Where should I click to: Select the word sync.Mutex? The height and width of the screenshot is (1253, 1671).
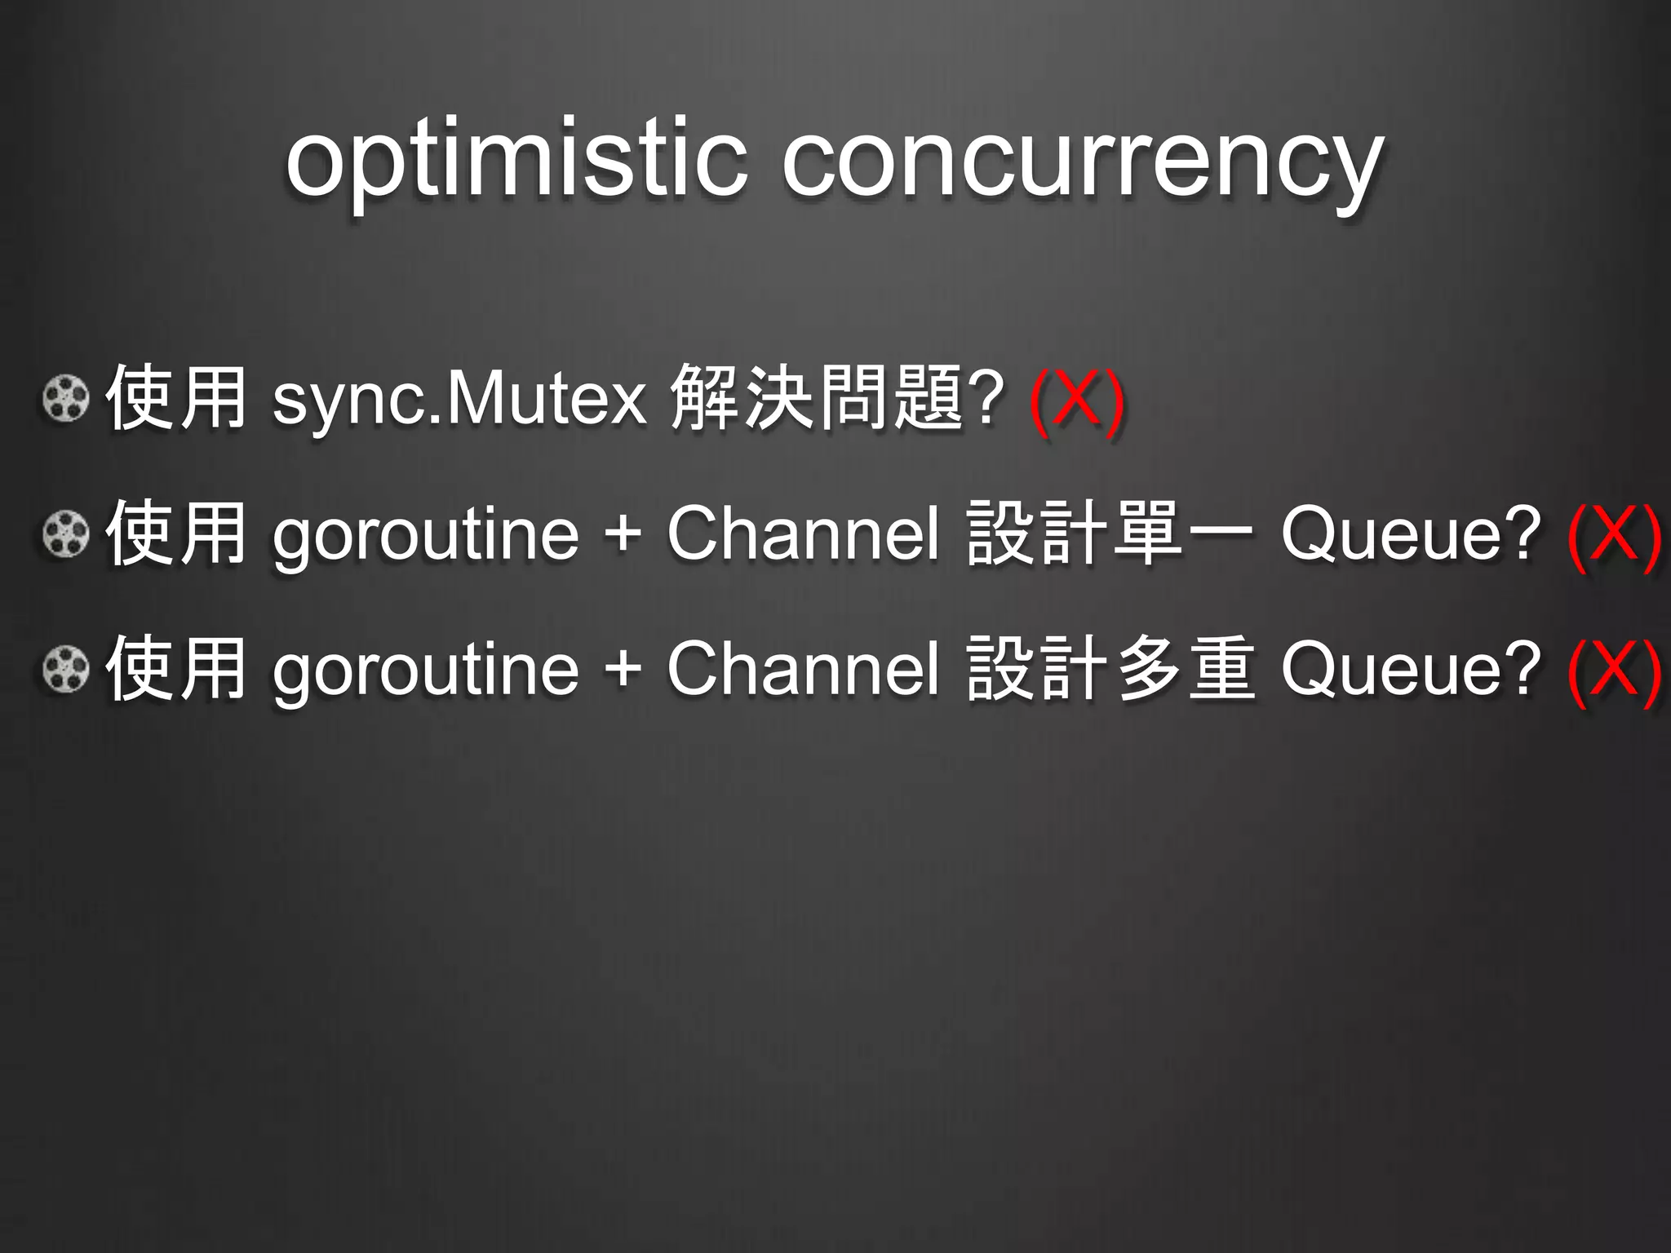[459, 400]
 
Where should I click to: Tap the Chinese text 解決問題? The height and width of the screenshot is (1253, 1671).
[816, 397]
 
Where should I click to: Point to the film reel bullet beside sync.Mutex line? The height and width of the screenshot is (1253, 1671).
[65, 399]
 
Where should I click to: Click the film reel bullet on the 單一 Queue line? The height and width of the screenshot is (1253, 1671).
[65, 534]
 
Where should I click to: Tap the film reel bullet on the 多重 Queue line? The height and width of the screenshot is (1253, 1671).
[65, 669]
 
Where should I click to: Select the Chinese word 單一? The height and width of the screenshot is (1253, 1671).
[1183, 534]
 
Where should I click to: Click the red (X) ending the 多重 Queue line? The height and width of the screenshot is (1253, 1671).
[1613, 671]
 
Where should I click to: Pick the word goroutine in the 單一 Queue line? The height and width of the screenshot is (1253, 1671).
[425, 537]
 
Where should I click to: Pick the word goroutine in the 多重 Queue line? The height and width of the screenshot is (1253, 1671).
[425, 671]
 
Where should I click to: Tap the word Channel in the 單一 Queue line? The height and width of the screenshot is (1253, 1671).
[803, 534]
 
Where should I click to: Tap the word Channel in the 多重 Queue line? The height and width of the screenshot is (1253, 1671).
[803, 668]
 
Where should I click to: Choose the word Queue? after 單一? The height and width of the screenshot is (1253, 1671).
[1410, 535]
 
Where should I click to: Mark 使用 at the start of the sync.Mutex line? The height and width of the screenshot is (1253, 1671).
[176, 397]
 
